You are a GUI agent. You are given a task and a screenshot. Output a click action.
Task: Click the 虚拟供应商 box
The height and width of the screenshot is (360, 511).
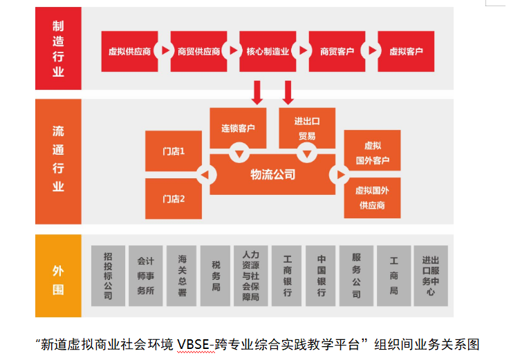pyautogui.click(x=129, y=51)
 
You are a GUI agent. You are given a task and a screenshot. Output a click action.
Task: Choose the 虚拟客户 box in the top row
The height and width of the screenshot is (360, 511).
pyautogui.click(x=406, y=51)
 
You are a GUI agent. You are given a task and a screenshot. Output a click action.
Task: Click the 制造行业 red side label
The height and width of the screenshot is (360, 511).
pyautogui.click(x=58, y=48)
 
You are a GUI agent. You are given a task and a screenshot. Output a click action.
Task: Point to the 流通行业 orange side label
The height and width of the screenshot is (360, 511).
pyautogui.click(x=58, y=160)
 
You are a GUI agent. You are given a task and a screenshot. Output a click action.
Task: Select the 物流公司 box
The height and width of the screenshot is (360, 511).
pyautogui.click(x=273, y=175)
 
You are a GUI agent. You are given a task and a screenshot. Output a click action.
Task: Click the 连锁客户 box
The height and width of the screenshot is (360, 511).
pyautogui.click(x=238, y=127)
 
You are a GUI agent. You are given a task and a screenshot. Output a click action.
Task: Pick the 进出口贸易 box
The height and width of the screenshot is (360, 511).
pyautogui.click(x=307, y=127)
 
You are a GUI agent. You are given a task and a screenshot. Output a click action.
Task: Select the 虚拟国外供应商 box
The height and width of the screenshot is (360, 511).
pyautogui.click(x=372, y=198)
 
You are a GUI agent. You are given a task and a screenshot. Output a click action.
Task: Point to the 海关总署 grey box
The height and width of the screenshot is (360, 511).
pyautogui.click(x=182, y=276)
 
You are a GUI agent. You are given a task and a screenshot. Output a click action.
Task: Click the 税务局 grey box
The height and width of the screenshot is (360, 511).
pyautogui.click(x=216, y=276)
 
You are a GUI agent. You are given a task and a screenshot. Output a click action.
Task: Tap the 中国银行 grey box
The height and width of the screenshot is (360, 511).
pyautogui.click(x=322, y=276)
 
